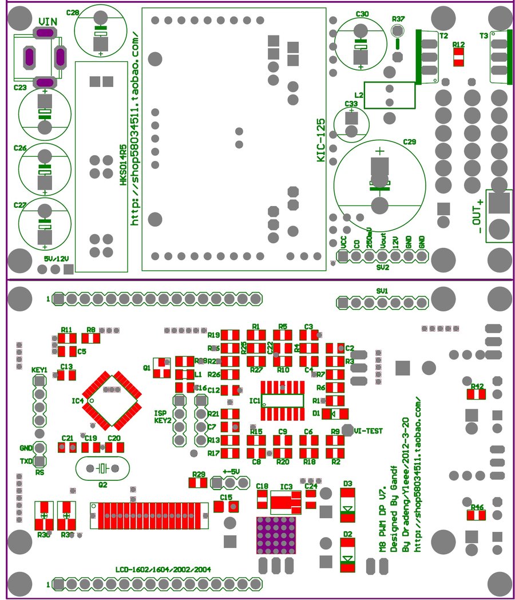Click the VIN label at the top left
click(x=47, y=21)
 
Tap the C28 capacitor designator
click(x=73, y=13)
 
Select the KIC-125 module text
click(x=322, y=140)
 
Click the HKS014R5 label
click(x=123, y=165)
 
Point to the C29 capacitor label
click(x=410, y=141)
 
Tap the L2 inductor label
click(x=359, y=94)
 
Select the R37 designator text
click(x=398, y=19)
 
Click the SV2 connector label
click(x=383, y=267)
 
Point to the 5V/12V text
click(x=56, y=259)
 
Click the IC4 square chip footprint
click(x=112, y=400)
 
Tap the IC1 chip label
click(x=255, y=400)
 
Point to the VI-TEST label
click(x=368, y=430)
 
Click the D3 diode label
click(x=347, y=483)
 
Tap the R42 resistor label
click(x=477, y=386)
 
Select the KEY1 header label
click(x=39, y=370)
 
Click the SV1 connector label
click(x=382, y=291)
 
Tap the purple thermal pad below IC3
click(x=276, y=535)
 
